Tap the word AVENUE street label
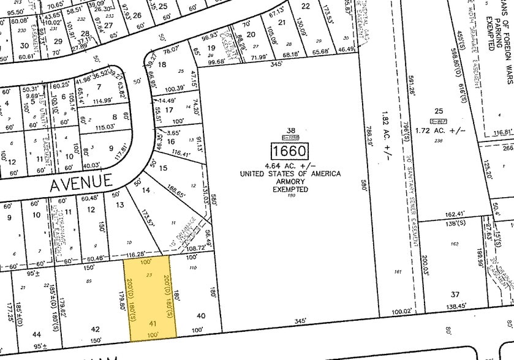coord(82,181)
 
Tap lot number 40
coord(201,315)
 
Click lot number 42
coord(95,329)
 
